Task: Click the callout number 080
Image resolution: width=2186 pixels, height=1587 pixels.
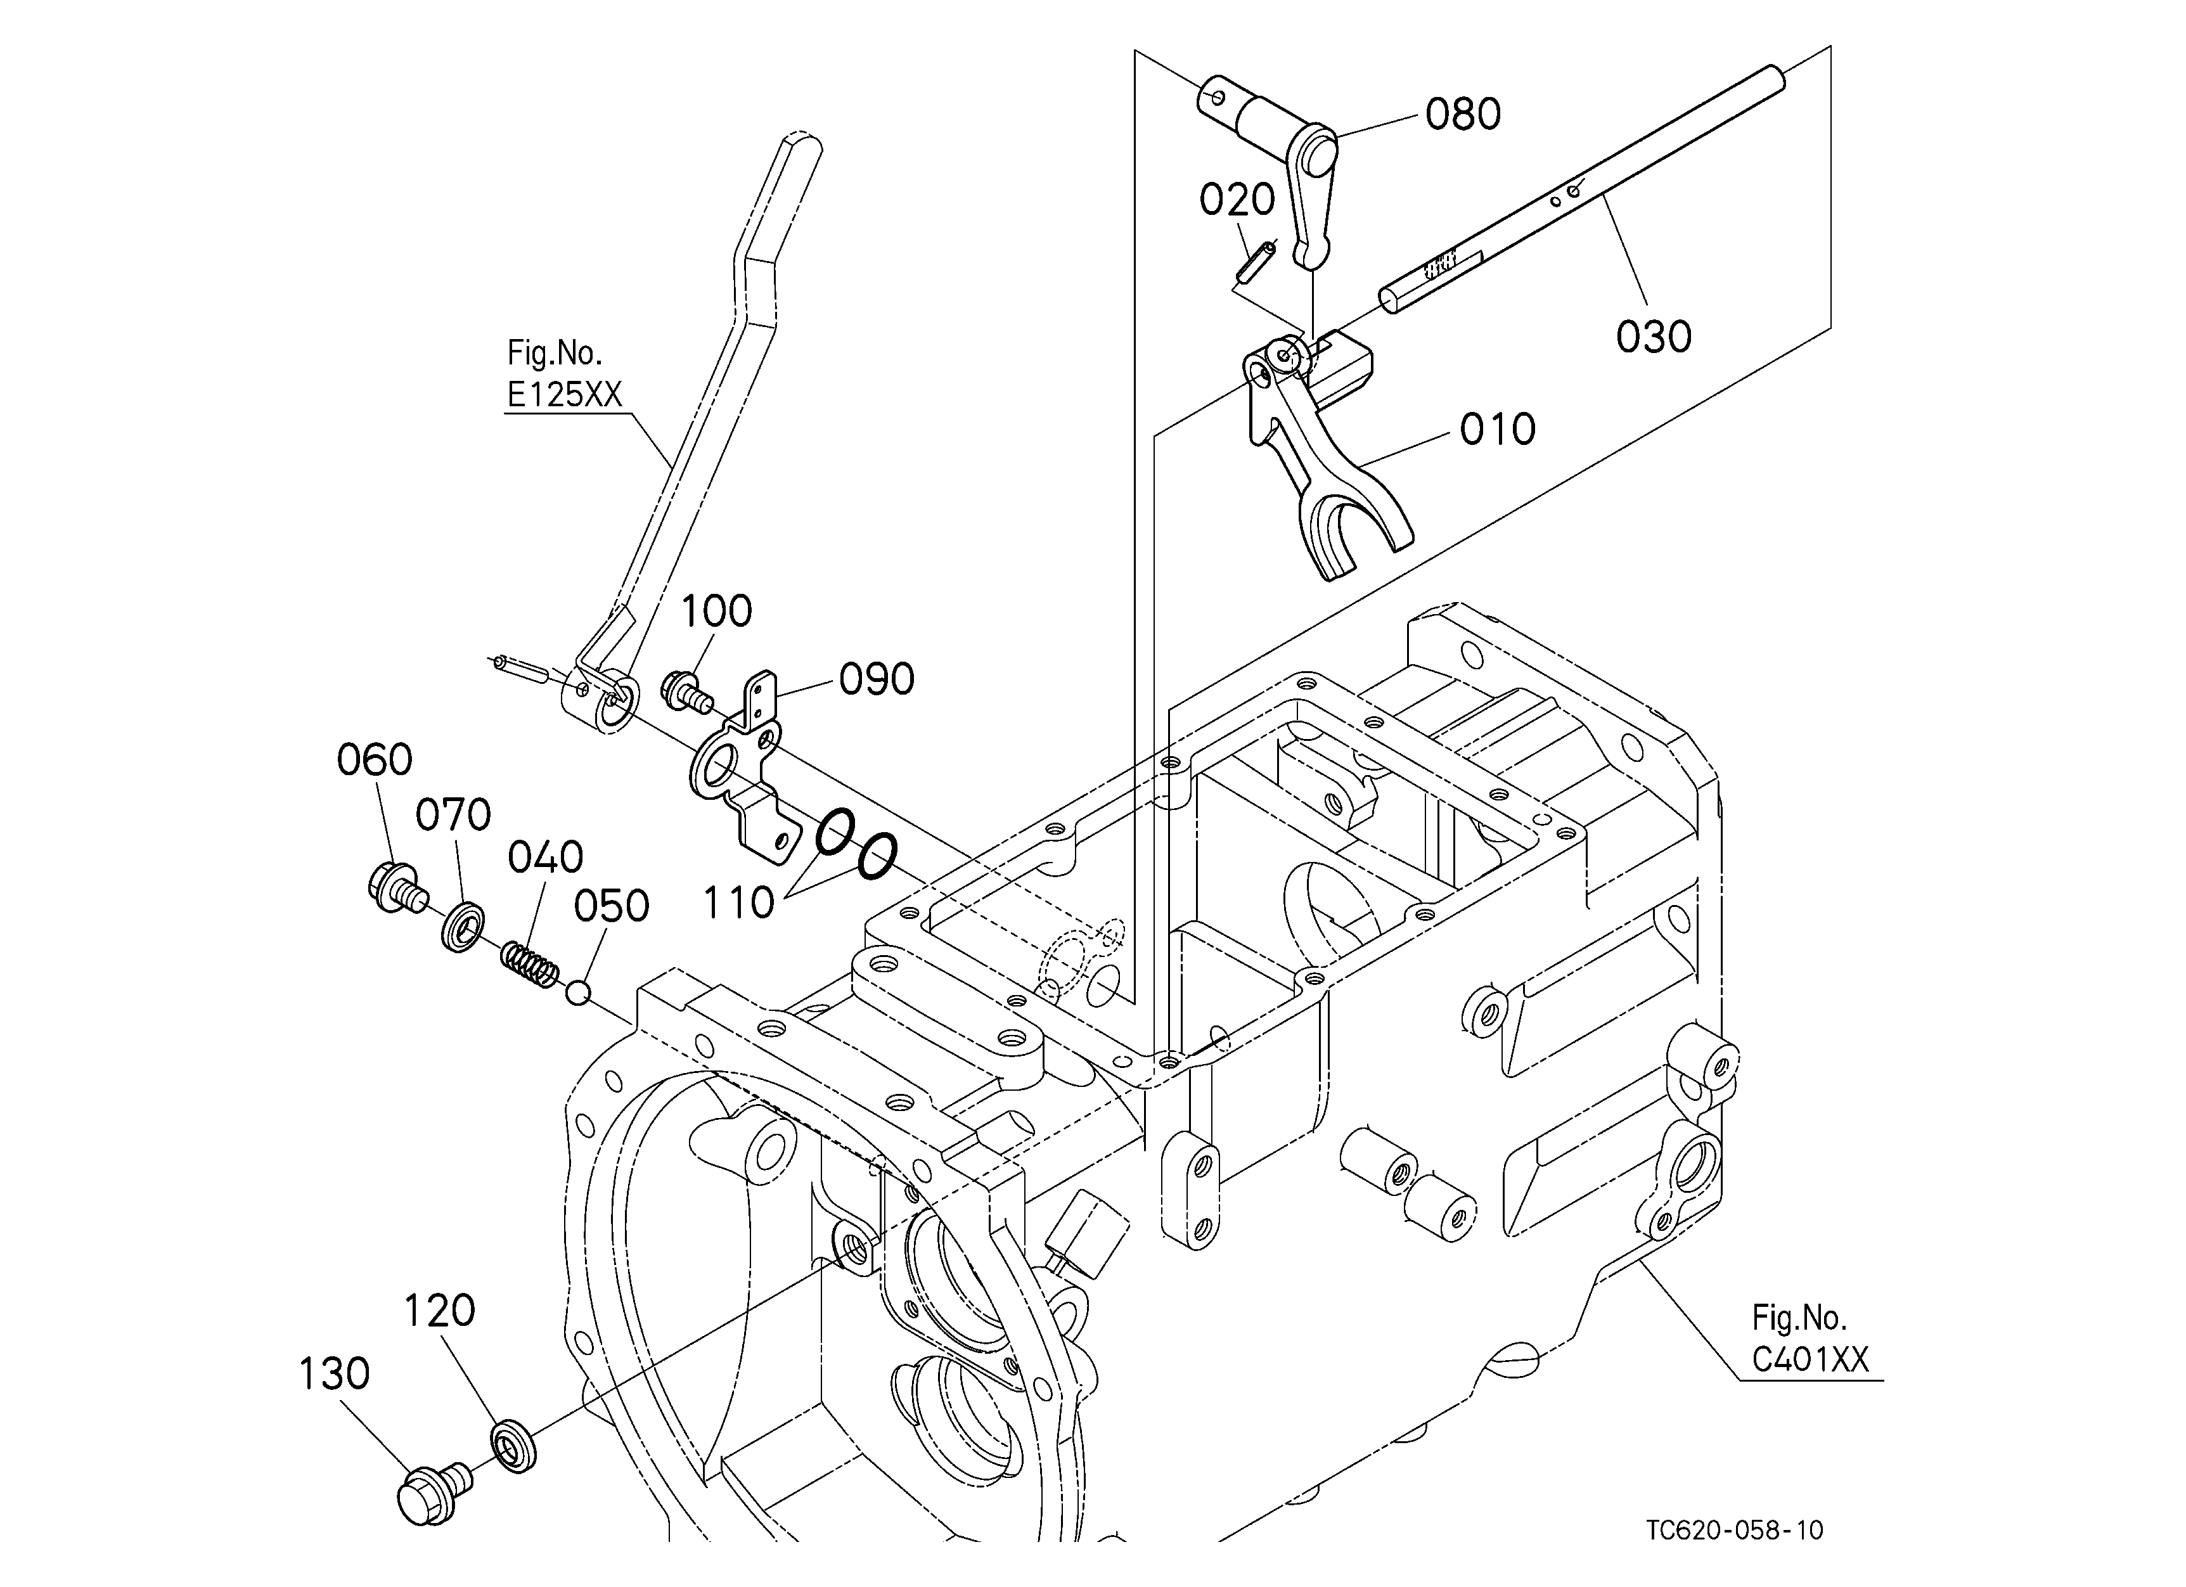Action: pos(1463,113)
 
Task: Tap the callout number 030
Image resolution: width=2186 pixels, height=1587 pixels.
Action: pos(1654,337)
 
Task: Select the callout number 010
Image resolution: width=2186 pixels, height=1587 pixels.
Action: pos(1498,429)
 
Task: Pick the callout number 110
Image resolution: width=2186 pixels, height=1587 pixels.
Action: pos(738,903)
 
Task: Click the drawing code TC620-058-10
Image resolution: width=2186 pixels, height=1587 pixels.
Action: pos(1735,1530)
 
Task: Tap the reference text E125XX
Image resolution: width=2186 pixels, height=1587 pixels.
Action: pos(565,395)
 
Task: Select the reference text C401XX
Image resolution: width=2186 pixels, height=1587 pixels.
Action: pos(1810,1359)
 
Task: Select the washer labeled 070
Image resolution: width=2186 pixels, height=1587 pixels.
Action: pos(463,926)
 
